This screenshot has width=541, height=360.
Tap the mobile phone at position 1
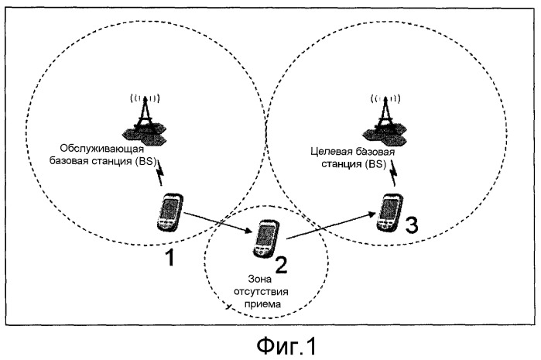[x=169, y=212]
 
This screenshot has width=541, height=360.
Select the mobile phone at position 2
[x=265, y=238]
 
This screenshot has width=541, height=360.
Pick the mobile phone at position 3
[x=389, y=212]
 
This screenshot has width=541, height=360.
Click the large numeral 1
[x=169, y=258]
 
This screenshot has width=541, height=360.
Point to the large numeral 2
[x=281, y=265]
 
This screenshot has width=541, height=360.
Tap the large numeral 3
[x=411, y=225]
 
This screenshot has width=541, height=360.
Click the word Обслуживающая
[x=102, y=149]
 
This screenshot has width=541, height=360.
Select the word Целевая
[x=331, y=151]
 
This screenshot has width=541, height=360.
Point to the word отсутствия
[x=261, y=292]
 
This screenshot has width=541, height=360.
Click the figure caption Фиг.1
[x=286, y=346]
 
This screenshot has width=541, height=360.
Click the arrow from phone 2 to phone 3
[x=330, y=226]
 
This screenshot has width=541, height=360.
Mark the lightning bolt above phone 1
[x=159, y=172]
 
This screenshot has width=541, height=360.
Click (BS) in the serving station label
[x=146, y=161]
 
